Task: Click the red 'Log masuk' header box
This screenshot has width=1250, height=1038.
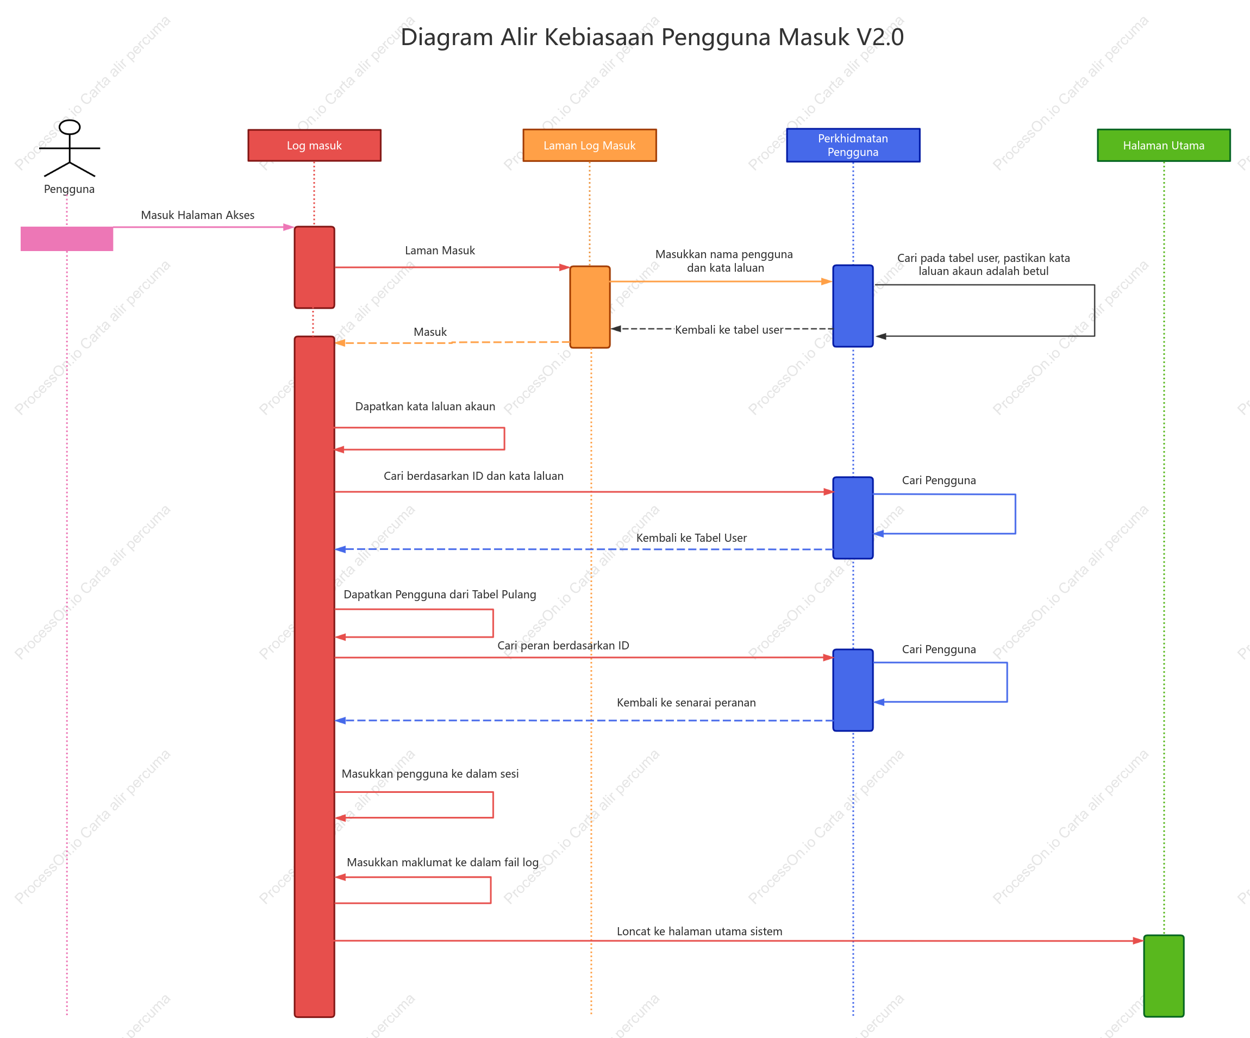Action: click(314, 145)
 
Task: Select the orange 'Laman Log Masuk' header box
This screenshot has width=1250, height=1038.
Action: click(589, 145)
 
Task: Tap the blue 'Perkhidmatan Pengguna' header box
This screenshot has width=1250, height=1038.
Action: click(853, 145)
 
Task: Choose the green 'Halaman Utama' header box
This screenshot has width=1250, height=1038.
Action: click(1164, 145)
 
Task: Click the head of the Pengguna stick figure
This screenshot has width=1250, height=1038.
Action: click(70, 127)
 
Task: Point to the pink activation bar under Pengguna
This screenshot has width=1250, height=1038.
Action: click(67, 239)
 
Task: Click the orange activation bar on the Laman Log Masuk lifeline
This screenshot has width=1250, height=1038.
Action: click(590, 307)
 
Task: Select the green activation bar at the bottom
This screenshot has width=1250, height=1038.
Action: click(1164, 976)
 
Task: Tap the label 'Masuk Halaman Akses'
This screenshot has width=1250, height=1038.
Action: click(198, 215)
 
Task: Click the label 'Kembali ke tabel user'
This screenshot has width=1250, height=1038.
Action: click(729, 330)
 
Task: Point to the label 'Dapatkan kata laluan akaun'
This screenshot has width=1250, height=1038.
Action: click(425, 407)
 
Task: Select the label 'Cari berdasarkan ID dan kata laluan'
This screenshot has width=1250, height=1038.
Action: click(473, 476)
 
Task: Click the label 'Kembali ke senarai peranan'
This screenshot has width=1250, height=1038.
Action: click(686, 702)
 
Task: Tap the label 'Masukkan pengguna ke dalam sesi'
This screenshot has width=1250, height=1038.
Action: click(430, 774)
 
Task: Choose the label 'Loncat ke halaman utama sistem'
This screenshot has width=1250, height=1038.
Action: click(699, 931)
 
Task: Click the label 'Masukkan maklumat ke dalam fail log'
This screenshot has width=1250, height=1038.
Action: click(442, 862)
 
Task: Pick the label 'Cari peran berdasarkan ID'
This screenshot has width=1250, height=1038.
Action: click(563, 646)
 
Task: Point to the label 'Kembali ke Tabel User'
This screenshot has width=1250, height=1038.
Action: click(691, 538)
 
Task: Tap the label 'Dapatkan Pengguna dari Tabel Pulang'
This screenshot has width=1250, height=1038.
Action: click(440, 595)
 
